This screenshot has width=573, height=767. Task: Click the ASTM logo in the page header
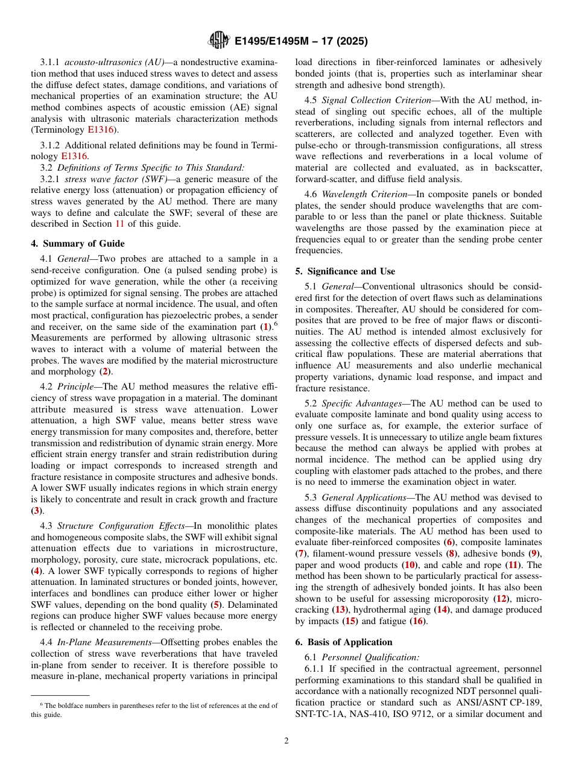tap(219, 40)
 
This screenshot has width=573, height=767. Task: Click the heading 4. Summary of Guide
tap(78, 244)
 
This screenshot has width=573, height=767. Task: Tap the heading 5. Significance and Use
tap(345, 271)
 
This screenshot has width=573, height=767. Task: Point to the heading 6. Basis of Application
tap(344, 642)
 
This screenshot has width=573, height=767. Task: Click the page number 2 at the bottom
tap(286, 741)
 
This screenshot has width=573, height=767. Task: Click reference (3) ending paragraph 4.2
tap(37, 511)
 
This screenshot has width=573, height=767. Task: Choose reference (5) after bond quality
tap(217, 604)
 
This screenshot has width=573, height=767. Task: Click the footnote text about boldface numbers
tap(154, 710)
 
